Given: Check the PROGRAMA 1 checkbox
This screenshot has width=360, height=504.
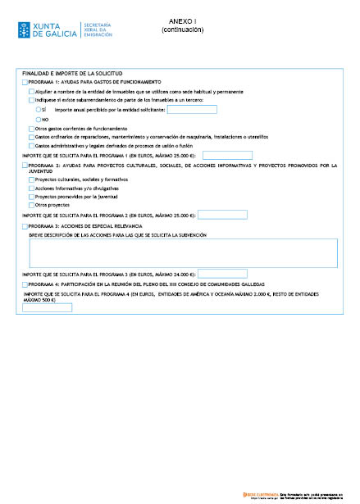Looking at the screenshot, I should click(x=25, y=82).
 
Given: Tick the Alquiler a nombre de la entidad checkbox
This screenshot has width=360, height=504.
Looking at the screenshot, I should click(x=32, y=92).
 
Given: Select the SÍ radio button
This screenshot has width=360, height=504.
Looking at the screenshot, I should click(x=39, y=109).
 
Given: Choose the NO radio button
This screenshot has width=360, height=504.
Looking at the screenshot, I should click(x=39, y=120).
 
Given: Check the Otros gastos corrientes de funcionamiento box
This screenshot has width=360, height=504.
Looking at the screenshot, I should click(x=32, y=129).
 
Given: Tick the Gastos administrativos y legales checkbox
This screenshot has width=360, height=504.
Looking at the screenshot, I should click(x=32, y=146).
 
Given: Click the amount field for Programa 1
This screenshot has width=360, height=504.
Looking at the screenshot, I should click(x=227, y=155).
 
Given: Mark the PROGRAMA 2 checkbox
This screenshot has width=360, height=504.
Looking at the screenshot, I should click(x=25, y=165).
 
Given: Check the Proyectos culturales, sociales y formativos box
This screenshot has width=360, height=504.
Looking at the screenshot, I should click(x=32, y=179).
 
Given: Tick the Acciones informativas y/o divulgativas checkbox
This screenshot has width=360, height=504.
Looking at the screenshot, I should click(x=32, y=188).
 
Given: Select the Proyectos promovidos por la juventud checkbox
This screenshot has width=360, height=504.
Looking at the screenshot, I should click(x=32, y=197).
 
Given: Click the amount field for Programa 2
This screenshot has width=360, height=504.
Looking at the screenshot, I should click(x=222, y=215).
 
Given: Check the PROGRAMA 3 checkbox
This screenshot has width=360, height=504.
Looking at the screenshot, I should click(x=25, y=225).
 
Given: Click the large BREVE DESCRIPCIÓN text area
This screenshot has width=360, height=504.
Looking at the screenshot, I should click(x=183, y=252).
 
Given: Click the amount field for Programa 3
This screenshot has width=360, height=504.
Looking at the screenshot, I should click(x=222, y=273).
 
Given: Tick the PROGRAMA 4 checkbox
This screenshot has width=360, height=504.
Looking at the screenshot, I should click(x=25, y=284).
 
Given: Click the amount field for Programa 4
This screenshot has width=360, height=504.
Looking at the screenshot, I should click(x=48, y=307).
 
